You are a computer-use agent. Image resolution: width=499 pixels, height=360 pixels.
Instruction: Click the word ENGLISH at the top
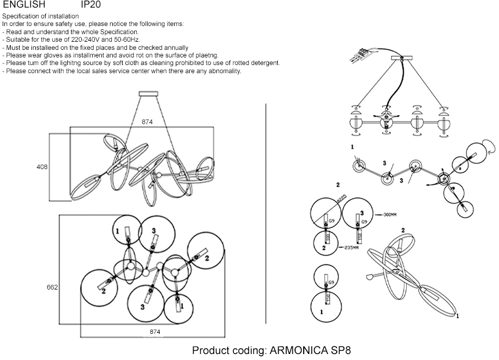click(24, 4)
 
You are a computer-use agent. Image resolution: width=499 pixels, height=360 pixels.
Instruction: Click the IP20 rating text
click(91, 4)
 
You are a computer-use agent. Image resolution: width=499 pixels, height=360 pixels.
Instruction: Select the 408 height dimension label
click(42, 167)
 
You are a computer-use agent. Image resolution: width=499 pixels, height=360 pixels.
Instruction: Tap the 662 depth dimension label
click(52, 287)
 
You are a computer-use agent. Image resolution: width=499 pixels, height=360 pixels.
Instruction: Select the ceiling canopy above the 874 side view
click(147, 94)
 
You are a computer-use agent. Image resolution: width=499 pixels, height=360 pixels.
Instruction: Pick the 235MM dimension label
click(351, 248)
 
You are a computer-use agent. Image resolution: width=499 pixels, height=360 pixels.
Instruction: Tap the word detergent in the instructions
click(265, 63)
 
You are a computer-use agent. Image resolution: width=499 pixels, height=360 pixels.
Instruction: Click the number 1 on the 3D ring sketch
click(457, 315)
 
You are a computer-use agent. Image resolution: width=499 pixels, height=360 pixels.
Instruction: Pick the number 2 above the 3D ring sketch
click(402, 230)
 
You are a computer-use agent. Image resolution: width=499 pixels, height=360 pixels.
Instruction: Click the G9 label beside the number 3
click(364, 222)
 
